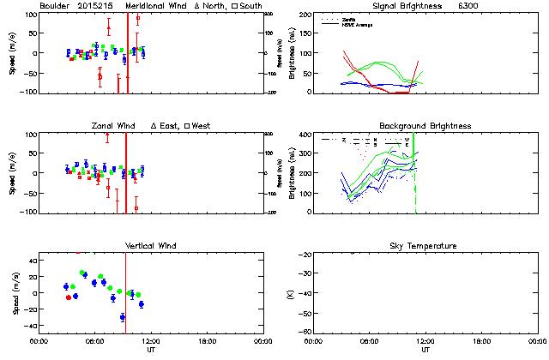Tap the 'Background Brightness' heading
tap(425, 126)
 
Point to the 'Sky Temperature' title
tap(425, 246)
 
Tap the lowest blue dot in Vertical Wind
tap(123, 317)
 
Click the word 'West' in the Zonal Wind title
tap(202, 126)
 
